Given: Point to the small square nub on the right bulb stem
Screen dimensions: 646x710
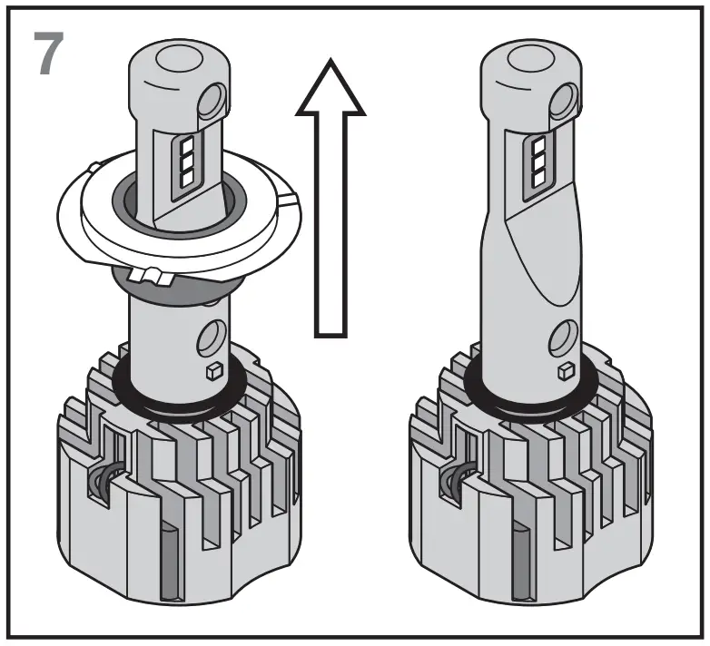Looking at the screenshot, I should (565, 369).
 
